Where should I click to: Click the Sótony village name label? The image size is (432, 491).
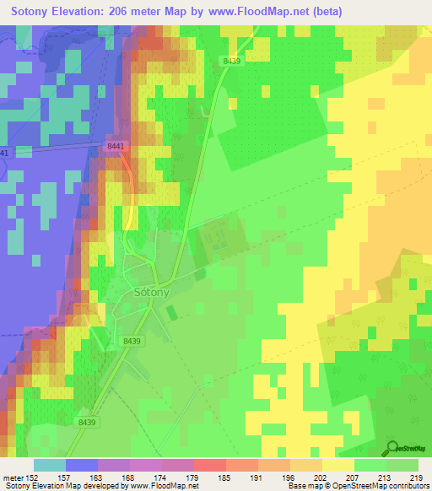coord(153,293)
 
